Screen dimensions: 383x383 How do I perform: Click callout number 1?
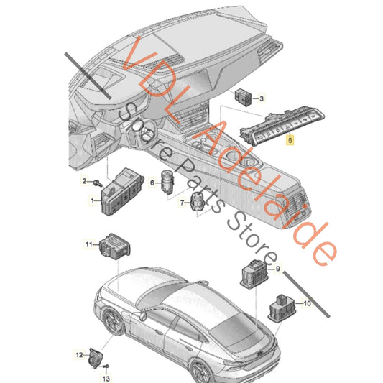[92, 201]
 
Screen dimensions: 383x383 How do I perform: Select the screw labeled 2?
[98, 183]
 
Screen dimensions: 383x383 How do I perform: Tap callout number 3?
[262, 98]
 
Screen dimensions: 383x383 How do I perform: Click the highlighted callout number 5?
[290, 140]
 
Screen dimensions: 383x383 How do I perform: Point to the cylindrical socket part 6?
[167, 182]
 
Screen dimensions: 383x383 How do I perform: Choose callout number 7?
[182, 203]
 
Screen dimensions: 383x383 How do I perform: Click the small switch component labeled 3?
[244, 97]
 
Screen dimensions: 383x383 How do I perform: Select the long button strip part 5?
[282, 125]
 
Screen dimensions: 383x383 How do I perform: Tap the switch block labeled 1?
[121, 192]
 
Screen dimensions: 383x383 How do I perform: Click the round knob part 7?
[198, 201]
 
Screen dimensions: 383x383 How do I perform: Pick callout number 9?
[277, 269]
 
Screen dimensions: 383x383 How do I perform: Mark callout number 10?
[307, 303]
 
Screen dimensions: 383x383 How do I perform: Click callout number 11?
[89, 244]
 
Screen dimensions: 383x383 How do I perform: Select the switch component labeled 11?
[114, 246]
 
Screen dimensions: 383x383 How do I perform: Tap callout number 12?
[79, 355]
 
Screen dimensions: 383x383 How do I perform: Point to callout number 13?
[106, 379]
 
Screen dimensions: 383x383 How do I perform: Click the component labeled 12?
[96, 358]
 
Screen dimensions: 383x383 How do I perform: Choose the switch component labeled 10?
[282, 308]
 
